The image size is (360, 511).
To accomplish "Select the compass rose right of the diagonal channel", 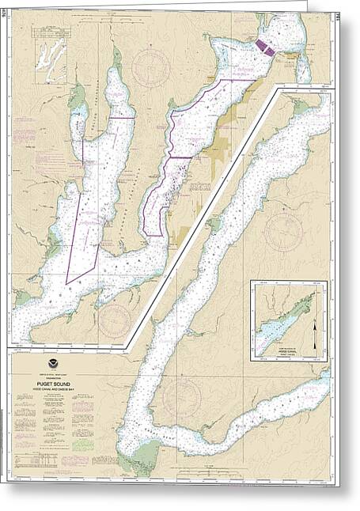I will pos(282,230).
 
